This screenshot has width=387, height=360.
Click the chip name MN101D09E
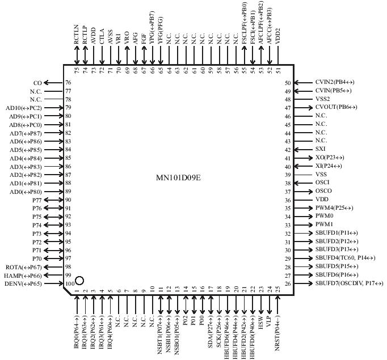pos(179,177)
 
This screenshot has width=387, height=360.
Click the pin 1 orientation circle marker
pos(79,281)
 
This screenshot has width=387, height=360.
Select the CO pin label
pos(38,83)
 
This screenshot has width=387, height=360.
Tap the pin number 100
pos(69,283)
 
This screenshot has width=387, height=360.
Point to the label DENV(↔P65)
pos(23,283)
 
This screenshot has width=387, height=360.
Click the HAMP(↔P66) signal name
pos(23,275)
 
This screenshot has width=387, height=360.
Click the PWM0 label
pos(325,217)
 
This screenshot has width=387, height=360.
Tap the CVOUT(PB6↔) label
pos(336,108)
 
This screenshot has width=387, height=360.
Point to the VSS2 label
pos(323,99)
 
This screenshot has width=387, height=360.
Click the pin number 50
pos(288,83)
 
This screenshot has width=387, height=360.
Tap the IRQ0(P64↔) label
pos(76,331)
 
